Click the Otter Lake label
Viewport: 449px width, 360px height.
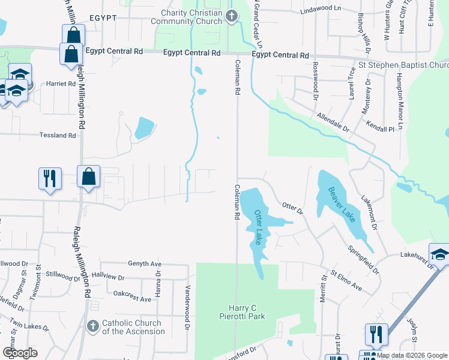[259, 227]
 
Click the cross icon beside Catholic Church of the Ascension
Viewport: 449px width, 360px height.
[92, 326]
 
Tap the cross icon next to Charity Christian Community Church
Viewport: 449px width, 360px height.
[232, 17]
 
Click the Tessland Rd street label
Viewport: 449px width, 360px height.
[58, 136]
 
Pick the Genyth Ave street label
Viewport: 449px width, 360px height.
[145, 264]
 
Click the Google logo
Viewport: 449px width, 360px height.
[20, 353]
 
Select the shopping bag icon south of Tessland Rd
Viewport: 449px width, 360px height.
[89, 177]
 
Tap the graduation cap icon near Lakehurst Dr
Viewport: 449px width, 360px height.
[439, 254]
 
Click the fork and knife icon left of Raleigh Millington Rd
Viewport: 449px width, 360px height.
[49, 178]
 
